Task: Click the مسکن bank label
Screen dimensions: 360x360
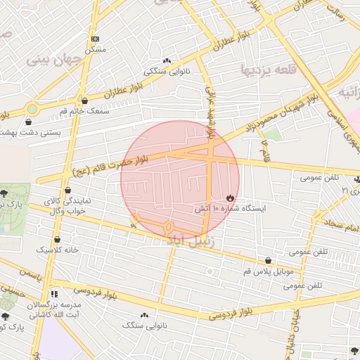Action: coord(95,50)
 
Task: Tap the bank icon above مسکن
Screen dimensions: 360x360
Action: coord(96,39)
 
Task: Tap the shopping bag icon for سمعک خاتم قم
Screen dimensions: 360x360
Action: coord(84,101)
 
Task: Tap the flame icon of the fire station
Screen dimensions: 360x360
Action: coord(229,197)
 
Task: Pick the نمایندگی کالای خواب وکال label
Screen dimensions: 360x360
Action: coord(67,205)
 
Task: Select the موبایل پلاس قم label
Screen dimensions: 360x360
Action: coord(266,271)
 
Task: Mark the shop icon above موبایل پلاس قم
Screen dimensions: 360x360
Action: coord(266,260)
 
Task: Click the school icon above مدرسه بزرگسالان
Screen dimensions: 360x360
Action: coord(53,294)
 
